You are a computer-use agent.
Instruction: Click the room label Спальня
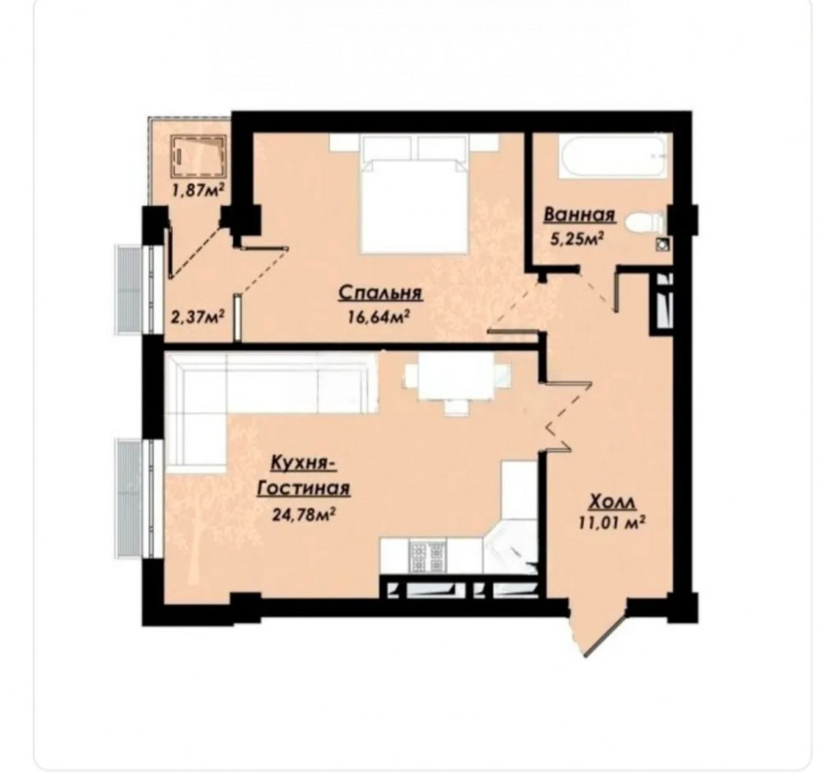[380, 293]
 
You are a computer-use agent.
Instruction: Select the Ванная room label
[580, 215]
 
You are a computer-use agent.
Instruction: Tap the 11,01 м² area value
[611, 522]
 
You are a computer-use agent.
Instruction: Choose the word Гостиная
[304, 489]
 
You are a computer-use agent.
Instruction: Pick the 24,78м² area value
[304, 514]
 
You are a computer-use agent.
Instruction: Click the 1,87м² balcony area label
[198, 190]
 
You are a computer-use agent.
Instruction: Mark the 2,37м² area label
[198, 317]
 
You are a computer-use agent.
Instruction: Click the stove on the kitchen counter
[428, 557]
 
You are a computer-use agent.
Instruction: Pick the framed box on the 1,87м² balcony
[198, 155]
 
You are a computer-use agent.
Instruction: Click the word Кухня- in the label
[302, 462]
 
